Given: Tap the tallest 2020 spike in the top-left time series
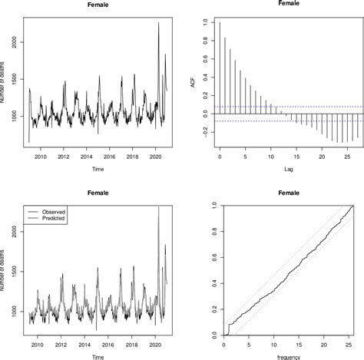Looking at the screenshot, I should [x=158, y=24].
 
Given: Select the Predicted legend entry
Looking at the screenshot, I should [x=55, y=219].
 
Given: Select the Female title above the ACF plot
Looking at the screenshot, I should [x=285, y=4].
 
